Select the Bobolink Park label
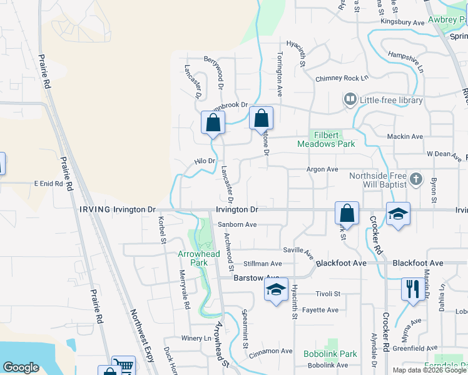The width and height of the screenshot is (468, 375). [330, 354]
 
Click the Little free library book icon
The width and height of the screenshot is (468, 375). [350, 100]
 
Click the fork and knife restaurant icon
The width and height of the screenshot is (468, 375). [412, 289]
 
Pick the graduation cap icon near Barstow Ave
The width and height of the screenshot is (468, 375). [276, 289]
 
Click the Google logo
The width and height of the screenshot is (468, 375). [21, 367]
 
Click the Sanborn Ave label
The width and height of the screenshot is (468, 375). [237, 225]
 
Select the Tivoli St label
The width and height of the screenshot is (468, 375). [327, 294]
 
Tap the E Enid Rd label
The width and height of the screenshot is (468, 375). [49, 184]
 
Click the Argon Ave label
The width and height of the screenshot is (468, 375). [322, 169]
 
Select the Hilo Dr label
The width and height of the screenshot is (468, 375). [205, 161]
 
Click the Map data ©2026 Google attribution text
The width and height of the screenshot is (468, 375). [429, 370]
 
